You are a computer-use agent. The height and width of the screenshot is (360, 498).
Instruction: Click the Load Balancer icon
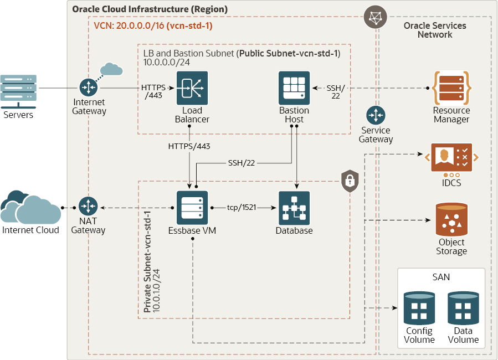[x=192, y=88]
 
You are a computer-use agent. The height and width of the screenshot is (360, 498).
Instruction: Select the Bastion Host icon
[x=294, y=88]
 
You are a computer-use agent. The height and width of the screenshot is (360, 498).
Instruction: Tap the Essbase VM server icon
[x=192, y=208]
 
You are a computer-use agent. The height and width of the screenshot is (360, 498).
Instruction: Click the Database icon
[x=294, y=208]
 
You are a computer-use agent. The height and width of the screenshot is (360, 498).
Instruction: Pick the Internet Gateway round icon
[x=88, y=88]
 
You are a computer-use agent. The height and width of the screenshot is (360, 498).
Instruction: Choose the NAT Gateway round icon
[x=88, y=207]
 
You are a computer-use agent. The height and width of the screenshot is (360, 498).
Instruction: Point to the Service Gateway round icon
[x=376, y=116]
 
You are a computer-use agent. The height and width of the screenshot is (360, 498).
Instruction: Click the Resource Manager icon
[x=451, y=88]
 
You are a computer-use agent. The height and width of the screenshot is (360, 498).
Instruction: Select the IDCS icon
[x=451, y=157]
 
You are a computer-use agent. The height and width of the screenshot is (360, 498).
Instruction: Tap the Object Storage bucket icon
[x=451, y=219]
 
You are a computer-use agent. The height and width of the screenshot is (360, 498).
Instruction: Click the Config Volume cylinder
[x=419, y=308]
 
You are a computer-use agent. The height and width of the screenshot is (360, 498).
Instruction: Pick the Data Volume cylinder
[x=463, y=308]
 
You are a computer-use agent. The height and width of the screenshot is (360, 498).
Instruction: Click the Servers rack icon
[x=19, y=91]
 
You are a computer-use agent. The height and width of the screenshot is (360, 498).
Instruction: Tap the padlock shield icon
[x=350, y=181]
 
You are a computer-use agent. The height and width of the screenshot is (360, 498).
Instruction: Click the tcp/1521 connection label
[x=242, y=208]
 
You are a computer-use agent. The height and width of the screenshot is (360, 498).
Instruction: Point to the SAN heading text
[x=441, y=277]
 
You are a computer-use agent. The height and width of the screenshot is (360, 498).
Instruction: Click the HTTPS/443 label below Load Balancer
[x=189, y=147]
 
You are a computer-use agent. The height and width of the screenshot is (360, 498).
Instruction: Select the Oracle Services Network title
[x=435, y=30]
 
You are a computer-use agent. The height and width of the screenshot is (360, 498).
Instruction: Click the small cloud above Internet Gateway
[x=112, y=69]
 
